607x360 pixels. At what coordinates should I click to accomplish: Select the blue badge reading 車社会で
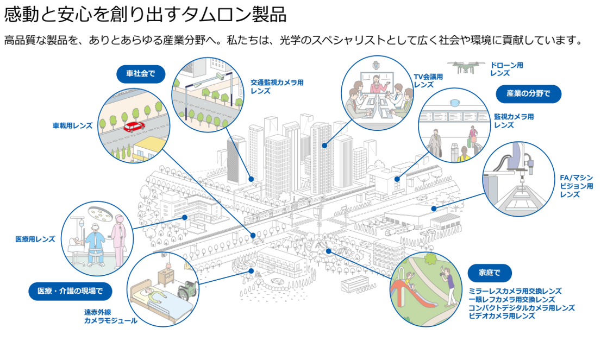(141, 74)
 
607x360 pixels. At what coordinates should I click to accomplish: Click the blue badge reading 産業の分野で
(528, 93)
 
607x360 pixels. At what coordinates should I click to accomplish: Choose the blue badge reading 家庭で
(489, 272)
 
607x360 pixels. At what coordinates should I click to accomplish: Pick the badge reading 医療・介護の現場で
(70, 291)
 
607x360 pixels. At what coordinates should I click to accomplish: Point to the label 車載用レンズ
(72, 125)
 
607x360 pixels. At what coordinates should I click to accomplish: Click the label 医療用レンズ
(35, 239)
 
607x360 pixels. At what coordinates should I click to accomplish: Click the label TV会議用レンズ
(428, 81)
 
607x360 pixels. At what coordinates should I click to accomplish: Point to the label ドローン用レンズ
(506, 69)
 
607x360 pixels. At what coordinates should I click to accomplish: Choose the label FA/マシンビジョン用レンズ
(577, 186)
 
